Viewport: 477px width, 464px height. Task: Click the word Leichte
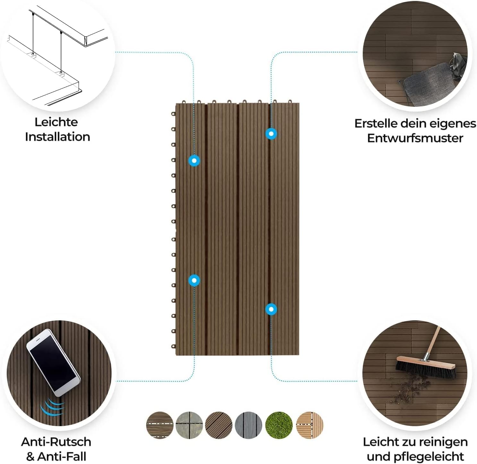click(x=56, y=122)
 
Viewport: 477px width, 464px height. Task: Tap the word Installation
click(x=57, y=137)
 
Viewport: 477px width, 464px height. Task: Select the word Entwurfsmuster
click(x=415, y=138)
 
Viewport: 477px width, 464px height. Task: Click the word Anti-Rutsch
click(x=56, y=442)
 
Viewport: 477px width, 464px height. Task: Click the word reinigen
click(x=445, y=442)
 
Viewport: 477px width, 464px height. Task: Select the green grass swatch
click(x=279, y=425)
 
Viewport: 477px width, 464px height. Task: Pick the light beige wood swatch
click(x=309, y=425)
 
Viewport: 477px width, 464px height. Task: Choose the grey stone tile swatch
click(x=189, y=425)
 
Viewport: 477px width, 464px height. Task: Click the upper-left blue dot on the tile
click(x=194, y=160)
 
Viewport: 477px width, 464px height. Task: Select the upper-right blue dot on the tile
click(x=271, y=133)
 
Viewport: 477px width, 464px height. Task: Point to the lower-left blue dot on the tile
click(x=194, y=280)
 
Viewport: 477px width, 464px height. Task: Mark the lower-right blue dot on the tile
click(x=271, y=309)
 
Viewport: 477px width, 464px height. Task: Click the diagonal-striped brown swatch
click(x=219, y=425)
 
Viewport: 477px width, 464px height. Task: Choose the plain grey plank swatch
click(x=248, y=425)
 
